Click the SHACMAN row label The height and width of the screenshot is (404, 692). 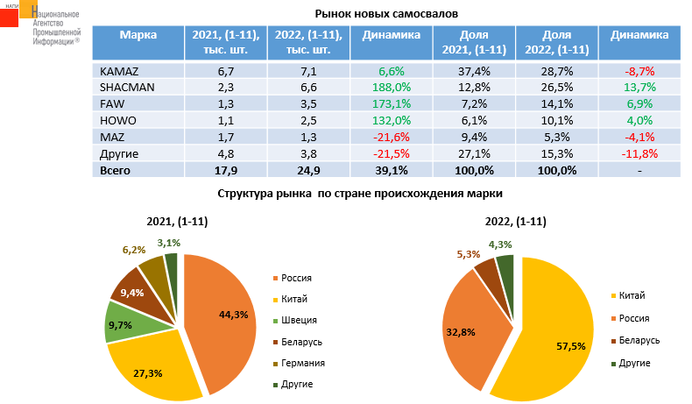tap(125, 87)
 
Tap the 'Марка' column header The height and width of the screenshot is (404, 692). tap(138, 36)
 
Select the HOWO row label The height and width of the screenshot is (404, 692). tap(117, 120)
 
